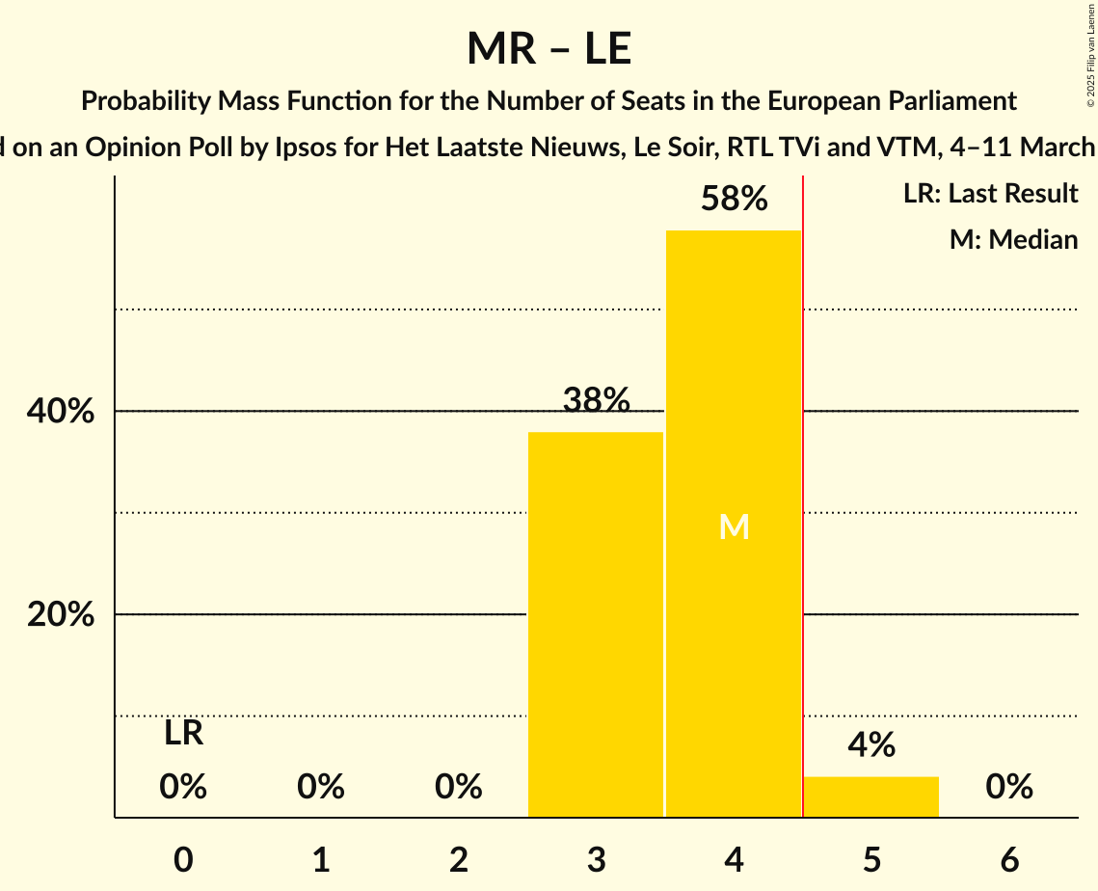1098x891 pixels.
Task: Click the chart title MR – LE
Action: pos(549,48)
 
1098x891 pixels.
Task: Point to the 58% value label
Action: pos(734,200)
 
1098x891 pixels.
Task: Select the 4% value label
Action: pos(871,745)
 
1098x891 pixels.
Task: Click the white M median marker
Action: pos(734,526)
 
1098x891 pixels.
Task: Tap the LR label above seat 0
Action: pos(183,734)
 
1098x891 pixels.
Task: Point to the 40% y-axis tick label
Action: pos(61,412)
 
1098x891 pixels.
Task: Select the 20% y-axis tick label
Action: pos(61,614)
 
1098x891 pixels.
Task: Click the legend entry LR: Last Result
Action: pos(990,194)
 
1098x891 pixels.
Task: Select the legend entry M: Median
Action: pos(1013,239)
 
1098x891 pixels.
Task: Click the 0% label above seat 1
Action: pos(321,788)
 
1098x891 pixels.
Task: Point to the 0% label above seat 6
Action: pos(1009,788)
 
